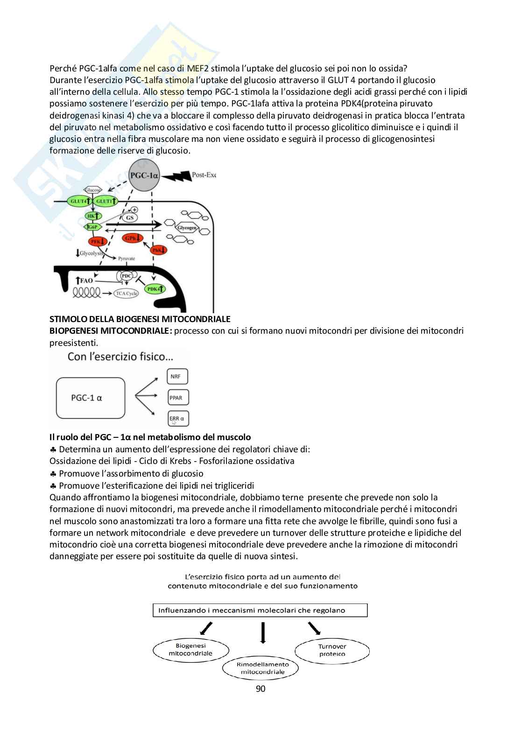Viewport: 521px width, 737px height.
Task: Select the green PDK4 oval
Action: [155, 289]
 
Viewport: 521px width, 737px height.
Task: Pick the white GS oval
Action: [130, 218]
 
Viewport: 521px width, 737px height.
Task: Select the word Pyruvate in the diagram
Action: [126, 258]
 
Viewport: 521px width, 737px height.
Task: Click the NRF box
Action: [177, 377]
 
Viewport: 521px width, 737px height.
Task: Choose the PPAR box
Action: [177, 398]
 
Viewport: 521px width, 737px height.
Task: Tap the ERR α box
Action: [177, 419]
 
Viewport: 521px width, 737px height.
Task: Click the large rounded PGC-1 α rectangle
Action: [90, 398]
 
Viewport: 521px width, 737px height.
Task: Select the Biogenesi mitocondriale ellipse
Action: [190, 650]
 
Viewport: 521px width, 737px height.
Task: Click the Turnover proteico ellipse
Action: [332, 650]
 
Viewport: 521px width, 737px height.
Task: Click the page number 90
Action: [260, 689]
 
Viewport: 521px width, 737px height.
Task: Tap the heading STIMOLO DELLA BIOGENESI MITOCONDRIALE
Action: [140, 319]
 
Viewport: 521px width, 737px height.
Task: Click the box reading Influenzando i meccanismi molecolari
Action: [260, 610]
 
